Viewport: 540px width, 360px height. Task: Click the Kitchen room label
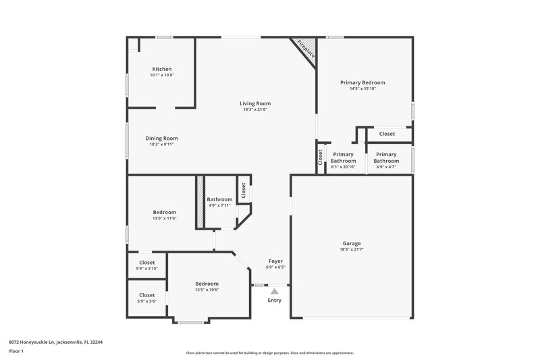tap(161, 69)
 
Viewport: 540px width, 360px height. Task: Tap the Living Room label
tap(255, 103)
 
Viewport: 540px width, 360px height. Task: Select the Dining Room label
tap(161, 138)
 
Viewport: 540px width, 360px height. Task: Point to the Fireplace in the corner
tap(306, 51)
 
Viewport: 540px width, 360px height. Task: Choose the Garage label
tap(351, 243)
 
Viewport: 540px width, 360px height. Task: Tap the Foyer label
tap(275, 261)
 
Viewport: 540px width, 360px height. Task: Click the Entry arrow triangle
tap(275, 291)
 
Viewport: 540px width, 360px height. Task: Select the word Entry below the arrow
tap(275, 301)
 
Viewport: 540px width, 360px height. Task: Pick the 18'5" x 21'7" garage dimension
tap(351, 250)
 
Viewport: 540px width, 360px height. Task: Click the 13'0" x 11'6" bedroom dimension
tap(164, 218)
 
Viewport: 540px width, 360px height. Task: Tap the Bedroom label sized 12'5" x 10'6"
tap(207, 284)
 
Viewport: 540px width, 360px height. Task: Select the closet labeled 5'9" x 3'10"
tap(146, 262)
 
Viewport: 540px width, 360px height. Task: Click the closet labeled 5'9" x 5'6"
tap(146, 295)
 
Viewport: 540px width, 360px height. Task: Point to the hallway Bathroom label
tap(219, 199)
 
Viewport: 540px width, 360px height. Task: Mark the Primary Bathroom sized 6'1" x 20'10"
tap(343, 157)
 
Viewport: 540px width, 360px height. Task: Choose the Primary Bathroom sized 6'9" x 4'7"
tap(386, 157)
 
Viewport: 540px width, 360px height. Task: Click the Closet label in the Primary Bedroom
tap(387, 134)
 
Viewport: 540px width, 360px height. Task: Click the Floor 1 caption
tap(16, 351)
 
